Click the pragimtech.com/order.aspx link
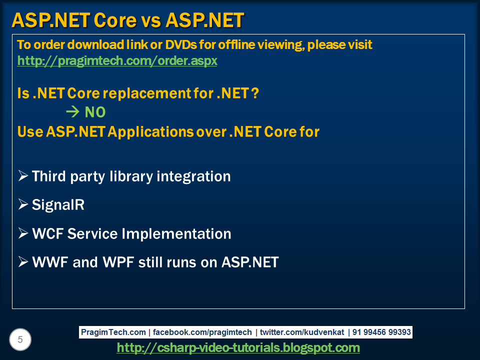[x=117, y=61]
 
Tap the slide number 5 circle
[x=20, y=340]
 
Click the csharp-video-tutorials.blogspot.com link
[x=238, y=347]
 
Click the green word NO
[x=95, y=112]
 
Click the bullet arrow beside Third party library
[x=23, y=176]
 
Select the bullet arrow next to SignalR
[x=23, y=205]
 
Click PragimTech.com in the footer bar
[x=113, y=332]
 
